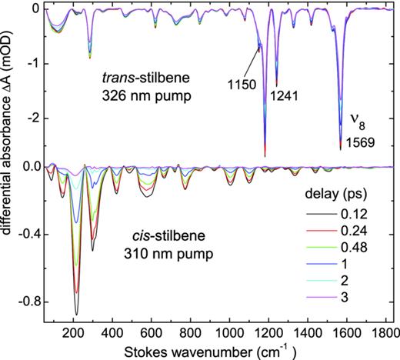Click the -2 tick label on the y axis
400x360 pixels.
(x=31, y=119)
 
